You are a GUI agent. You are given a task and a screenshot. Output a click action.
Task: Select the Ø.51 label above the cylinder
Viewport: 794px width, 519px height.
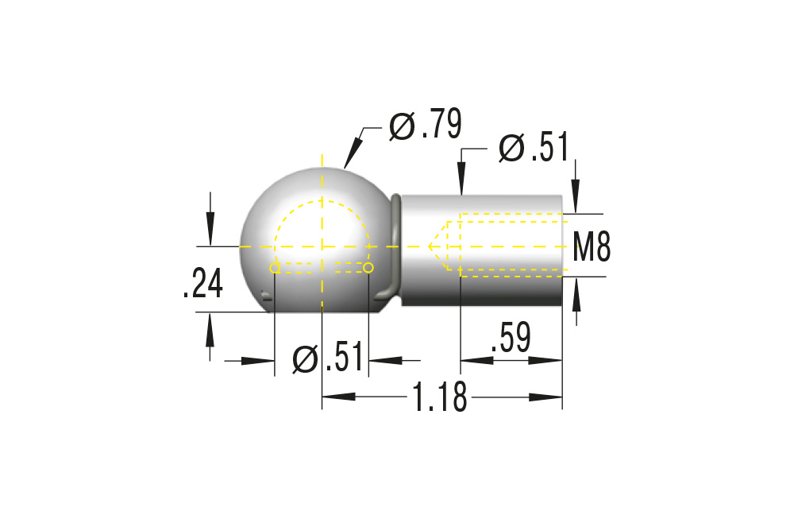(x=534, y=148)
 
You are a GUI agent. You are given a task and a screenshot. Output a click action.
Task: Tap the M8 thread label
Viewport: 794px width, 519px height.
(x=592, y=247)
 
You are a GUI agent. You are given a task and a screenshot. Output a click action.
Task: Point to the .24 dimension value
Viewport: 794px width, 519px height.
(x=202, y=285)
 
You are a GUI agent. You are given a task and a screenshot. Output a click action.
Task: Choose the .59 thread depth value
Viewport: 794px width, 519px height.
(x=511, y=338)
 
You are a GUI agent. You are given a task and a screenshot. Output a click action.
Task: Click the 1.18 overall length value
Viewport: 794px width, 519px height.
(x=439, y=396)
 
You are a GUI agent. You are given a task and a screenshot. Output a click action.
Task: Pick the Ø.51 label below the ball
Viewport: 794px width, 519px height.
(x=327, y=358)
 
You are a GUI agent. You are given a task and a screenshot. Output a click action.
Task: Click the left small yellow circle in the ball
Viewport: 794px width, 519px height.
(x=275, y=269)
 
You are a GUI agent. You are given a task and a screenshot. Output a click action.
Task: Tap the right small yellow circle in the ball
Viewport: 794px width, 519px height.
(x=368, y=268)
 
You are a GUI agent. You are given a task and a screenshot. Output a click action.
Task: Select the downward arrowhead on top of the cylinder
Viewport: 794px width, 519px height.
(x=461, y=186)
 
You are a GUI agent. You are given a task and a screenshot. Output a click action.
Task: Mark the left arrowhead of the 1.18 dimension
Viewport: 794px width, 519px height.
(x=333, y=396)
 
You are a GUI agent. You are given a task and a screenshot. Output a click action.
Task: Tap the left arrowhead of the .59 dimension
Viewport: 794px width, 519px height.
(x=471, y=360)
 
